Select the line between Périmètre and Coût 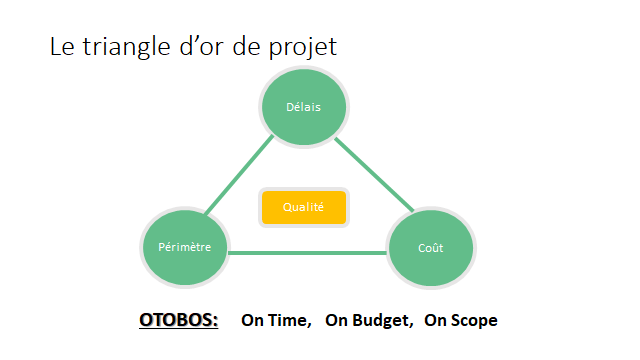pyautogui.click(x=307, y=253)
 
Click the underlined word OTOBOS pyautogui.click(x=178, y=321)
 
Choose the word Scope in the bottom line pyautogui.click(x=474, y=321)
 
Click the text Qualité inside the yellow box pyautogui.click(x=303, y=207)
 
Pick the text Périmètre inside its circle pyautogui.click(x=185, y=247)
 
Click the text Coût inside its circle pyautogui.click(x=431, y=248)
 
